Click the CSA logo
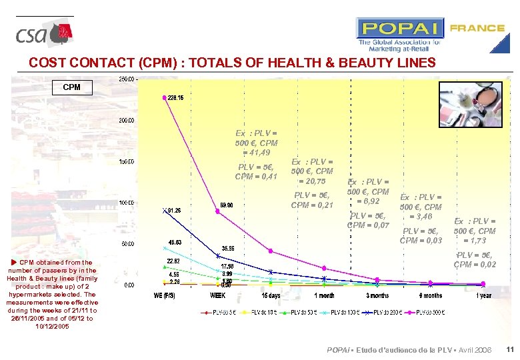[x=44, y=34]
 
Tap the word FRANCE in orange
[x=477, y=28]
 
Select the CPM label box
[x=71, y=87]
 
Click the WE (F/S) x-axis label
[x=165, y=295]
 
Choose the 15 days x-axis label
[x=270, y=295]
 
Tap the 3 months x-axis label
[x=377, y=295]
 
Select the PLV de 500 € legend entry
[x=434, y=311]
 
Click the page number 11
[x=509, y=350]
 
